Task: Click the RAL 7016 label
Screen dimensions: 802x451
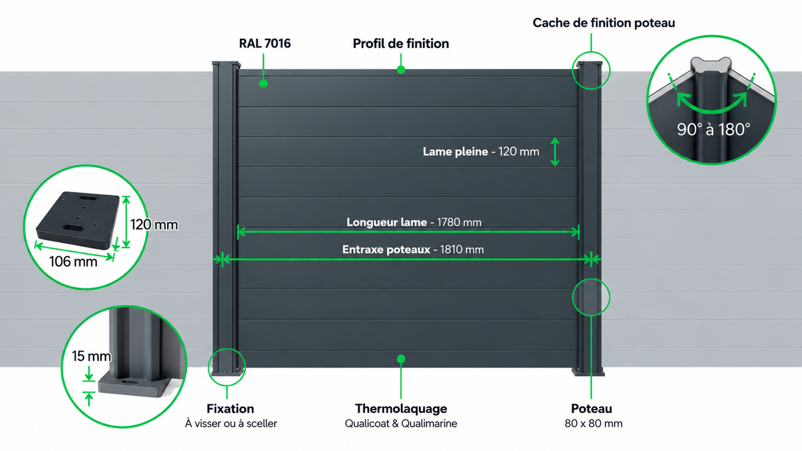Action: (265, 43)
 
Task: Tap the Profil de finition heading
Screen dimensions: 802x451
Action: (400, 43)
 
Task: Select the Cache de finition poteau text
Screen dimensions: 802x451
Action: (604, 23)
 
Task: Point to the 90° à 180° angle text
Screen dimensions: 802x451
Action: (713, 129)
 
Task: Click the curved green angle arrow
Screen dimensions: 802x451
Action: (712, 110)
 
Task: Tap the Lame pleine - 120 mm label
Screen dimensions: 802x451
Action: (481, 152)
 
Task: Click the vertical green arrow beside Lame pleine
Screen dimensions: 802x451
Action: (555, 152)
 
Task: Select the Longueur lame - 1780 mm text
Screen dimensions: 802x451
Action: (414, 222)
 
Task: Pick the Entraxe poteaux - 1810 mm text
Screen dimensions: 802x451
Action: (413, 249)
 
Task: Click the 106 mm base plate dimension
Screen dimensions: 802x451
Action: (73, 262)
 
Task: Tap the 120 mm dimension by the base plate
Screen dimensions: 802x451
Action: (154, 224)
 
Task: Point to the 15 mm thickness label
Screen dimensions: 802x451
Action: (91, 356)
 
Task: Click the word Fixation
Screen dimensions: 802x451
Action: (230, 408)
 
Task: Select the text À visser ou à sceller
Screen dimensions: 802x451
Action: (231, 424)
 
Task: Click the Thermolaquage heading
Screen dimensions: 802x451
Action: (401, 408)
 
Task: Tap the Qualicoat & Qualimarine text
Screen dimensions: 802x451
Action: (401, 424)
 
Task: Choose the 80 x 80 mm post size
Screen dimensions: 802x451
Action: (593, 424)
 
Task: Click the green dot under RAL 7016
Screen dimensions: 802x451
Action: (263, 84)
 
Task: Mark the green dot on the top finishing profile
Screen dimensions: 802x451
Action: (401, 69)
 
